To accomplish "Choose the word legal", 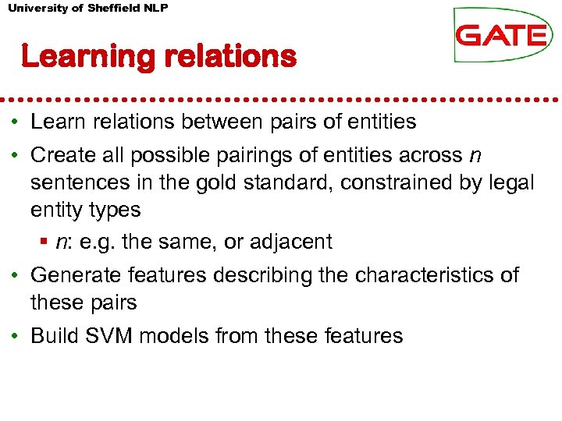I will pos(513,183).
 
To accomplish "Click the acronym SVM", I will pos(104,336).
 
